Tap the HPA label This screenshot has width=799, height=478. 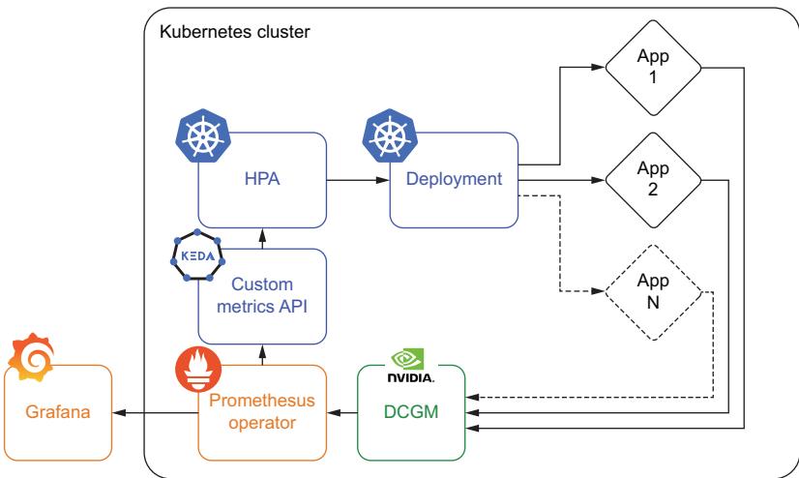click(x=261, y=179)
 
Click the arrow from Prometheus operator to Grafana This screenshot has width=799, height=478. click(x=155, y=412)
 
